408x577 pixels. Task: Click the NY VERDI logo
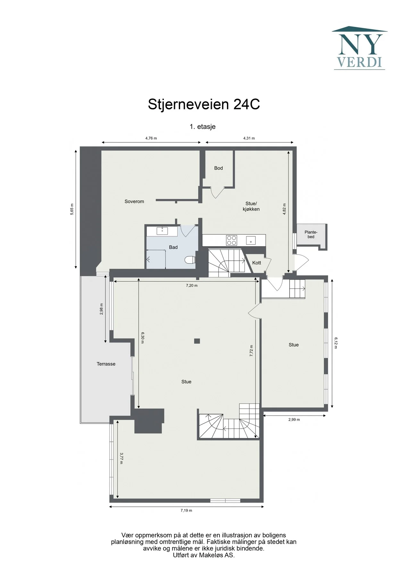pyautogui.click(x=359, y=48)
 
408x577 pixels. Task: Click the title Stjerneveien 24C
pyautogui.click(x=204, y=104)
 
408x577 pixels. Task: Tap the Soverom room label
pyautogui.click(x=134, y=201)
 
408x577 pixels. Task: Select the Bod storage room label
pyautogui.click(x=219, y=168)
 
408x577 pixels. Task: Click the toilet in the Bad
pyautogui.click(x=190, y=259)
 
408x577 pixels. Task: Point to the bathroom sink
pyautogui.click(x=162, y=230)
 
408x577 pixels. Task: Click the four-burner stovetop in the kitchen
pyautogui.click(x=231, y=240)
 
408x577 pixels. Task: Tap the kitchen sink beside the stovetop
pyautogui.click(x=251, y=240)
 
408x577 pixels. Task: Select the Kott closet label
pyautogui.click(x=257, y=263)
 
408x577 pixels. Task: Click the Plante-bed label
pyautogui.click(x=311, y=234)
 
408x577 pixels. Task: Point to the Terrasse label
pyautogui.click(x=106, y=364)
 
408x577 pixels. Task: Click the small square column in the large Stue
pyautogui.click(x=197, y=341)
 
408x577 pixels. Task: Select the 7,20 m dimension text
pyautogui.click(x=192, y=285)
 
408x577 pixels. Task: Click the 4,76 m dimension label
pyautogui.click(x=151, y=138)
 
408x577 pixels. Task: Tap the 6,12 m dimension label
pyautogui.click(x=336, y=343)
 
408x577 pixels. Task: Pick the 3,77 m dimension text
pyautogui.click(x=121, y=458)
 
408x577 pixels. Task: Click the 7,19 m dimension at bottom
pyautogui.click(x=186, y=510)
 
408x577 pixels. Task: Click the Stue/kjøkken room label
pyautogui.click(x=251, y=206)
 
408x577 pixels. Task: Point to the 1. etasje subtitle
pyautogui.click(x=203, y=126)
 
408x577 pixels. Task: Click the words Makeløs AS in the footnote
pyautogui.click(x=216, y=555)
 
